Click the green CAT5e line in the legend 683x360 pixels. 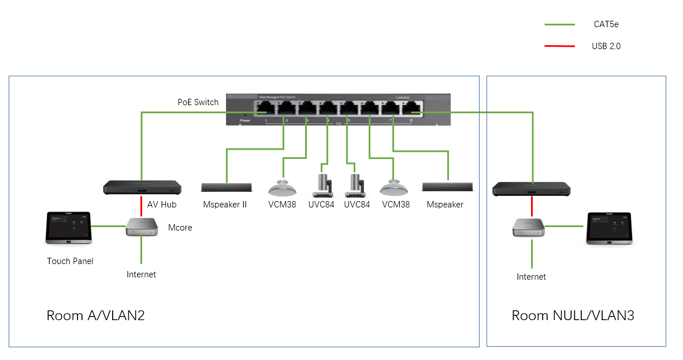[x=559, y=25]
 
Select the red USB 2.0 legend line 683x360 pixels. [x=559, y=46]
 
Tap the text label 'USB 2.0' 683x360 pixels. [x=606, y=46]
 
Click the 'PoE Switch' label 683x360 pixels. [x=198, y=102]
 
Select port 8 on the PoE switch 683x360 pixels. [x=411, y=107]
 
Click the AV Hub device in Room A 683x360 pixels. [x=142, y=187]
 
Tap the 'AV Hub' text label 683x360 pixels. [x=162, y=205]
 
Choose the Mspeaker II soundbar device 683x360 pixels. [x=226, y=187]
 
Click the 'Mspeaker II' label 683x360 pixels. [x=225, y=205]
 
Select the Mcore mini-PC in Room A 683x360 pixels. [x=142, y=227]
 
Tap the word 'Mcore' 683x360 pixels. [x=180, y=228]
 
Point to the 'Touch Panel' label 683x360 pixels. [x=70, y=261]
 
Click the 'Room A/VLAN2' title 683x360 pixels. [x=95, y=316]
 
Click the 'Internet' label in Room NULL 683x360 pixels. [x=531, y=277]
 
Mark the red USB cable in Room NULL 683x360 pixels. [x=532, y=206]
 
